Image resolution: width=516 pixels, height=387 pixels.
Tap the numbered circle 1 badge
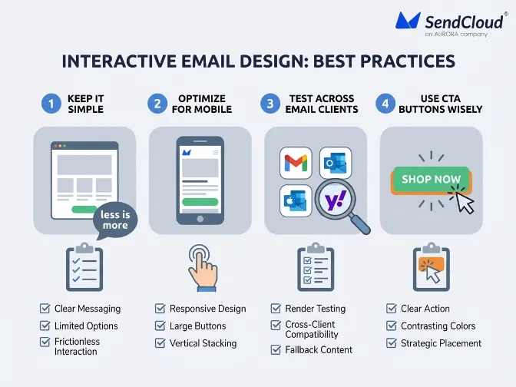[51, 104]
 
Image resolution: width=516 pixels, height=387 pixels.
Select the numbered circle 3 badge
[271, 104]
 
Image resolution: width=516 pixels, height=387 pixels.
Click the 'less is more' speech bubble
[115, 220]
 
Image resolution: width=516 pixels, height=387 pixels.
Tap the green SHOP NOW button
[431, 179]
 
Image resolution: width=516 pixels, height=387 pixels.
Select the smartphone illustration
[200, 180]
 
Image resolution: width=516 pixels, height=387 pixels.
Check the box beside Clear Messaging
[45, 309]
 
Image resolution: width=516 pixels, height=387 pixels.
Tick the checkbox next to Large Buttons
[160, 326]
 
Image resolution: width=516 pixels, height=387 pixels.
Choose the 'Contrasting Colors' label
[438, 326]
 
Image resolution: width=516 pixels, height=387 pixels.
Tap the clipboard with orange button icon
[430, 269]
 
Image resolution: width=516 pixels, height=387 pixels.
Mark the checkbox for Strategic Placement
[391, 343]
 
